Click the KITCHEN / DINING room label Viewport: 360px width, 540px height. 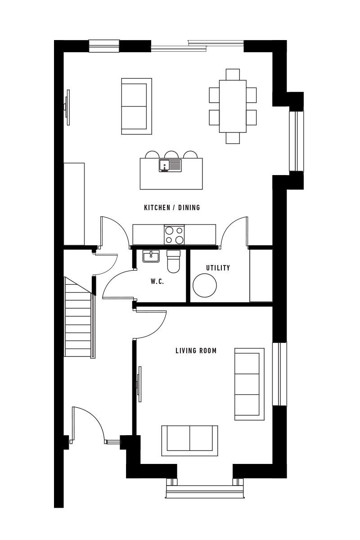pos(172,207)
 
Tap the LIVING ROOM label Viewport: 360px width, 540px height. pos(196,351)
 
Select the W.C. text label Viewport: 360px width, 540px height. pos(157,281)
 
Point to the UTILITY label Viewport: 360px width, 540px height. pos(218,268)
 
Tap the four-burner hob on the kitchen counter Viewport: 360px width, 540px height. pos(174,234)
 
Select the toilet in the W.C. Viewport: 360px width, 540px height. pos(173,261)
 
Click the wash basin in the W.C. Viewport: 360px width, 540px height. pos(151,256)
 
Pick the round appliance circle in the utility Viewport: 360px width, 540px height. pos(205,285)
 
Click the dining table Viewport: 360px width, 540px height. pos(233,106)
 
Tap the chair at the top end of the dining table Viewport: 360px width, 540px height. pos(233,75)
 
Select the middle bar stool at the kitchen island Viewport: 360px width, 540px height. pos(171,155)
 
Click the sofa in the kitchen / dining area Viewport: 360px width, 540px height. pos(137,106)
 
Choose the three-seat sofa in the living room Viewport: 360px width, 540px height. pos(250,384)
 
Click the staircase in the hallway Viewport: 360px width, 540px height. pos(80,318)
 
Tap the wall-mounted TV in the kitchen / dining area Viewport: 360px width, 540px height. pos(67,108)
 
